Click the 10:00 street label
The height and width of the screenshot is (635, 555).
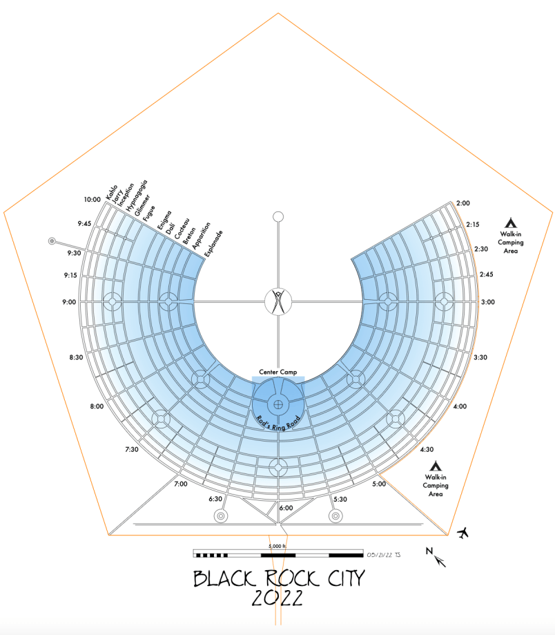point(92,199)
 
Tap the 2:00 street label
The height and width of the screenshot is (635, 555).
point(463,203)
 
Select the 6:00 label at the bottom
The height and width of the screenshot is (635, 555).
point(286,508)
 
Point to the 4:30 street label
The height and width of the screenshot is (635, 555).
point(427,449)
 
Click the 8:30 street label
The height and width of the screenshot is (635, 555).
point(76,357)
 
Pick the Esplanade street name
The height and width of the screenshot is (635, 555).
point(213,244)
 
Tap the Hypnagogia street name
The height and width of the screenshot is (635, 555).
point(137,196)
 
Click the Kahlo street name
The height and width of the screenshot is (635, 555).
point(112,192)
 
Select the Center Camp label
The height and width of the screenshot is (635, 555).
point(278,372)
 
